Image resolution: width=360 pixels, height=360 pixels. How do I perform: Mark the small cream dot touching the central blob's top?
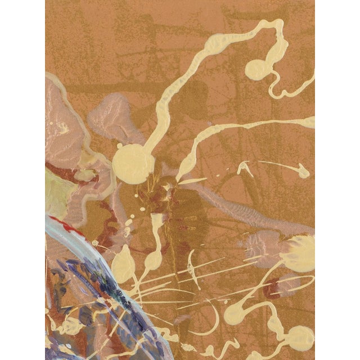point(120,145)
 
